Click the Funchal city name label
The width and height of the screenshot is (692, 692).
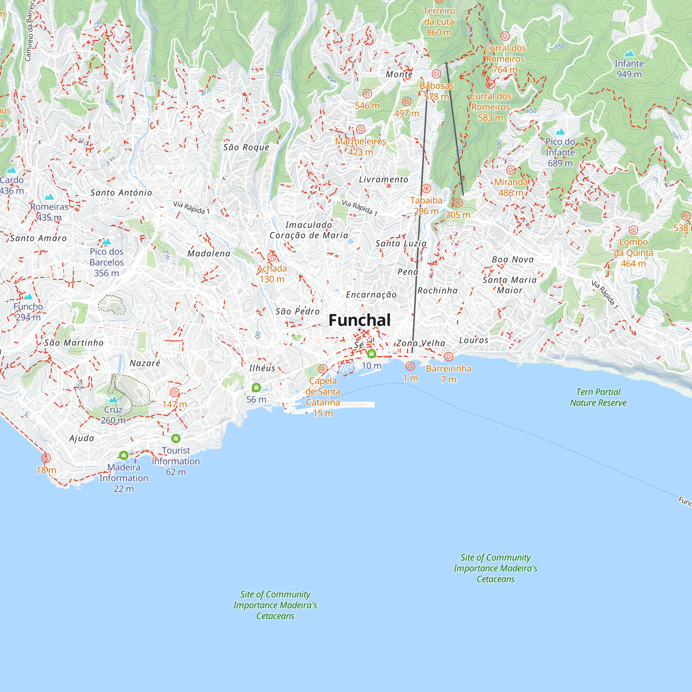(x=359, y=320)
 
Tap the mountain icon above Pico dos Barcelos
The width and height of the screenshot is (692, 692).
(x=106, y=242)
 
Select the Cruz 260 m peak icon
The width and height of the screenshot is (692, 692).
(x=113, y=399)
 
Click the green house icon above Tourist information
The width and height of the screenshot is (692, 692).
(x=175, y=438)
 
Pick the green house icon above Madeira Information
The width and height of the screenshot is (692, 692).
(x=124, y=455)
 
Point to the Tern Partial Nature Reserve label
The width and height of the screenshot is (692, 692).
(x=598, y=397)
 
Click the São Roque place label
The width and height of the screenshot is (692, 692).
(x=246, y=147)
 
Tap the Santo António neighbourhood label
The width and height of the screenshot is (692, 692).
(x=121, y=193)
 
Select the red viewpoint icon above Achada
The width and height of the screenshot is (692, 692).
(x=272, y=256)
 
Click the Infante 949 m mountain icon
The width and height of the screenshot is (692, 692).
(x=629, y=54)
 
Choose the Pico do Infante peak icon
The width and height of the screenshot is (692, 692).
(x=560, y=132)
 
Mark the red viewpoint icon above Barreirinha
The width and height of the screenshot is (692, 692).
(x=448, y=356)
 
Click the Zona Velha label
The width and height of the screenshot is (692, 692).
(x=420, y=343)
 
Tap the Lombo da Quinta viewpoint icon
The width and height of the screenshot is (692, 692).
(x=633, y=230)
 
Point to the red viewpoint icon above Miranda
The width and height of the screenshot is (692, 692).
(x=511, y=170)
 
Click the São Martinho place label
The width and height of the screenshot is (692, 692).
(x=74, y=343)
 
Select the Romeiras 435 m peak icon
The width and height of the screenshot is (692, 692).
(x=49, y=197)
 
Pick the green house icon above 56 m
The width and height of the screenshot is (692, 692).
(x=256, y=387)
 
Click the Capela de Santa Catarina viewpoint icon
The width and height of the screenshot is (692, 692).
(x=323, y=368)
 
